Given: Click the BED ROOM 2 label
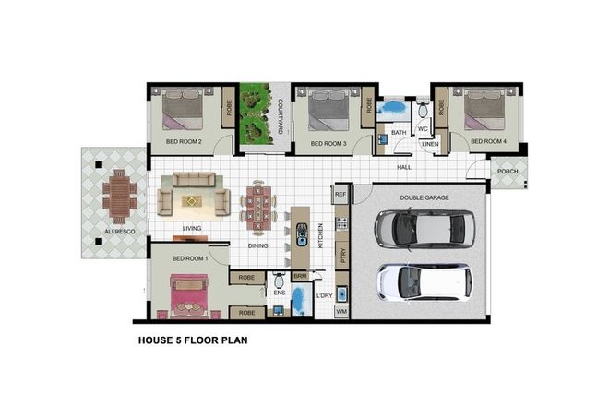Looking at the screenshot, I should coord(184,142).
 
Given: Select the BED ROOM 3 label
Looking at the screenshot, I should coord(328,144).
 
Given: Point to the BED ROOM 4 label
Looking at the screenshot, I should coord(488,142).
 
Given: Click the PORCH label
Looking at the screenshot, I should coord(507,171).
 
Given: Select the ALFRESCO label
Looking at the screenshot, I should coord(119,232).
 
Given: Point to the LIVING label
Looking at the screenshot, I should coord(192,228).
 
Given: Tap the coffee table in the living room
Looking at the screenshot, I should coord(192,200).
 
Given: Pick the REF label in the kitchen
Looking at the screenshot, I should coord(340,195).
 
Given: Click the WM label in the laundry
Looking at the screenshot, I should coord(340,313).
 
